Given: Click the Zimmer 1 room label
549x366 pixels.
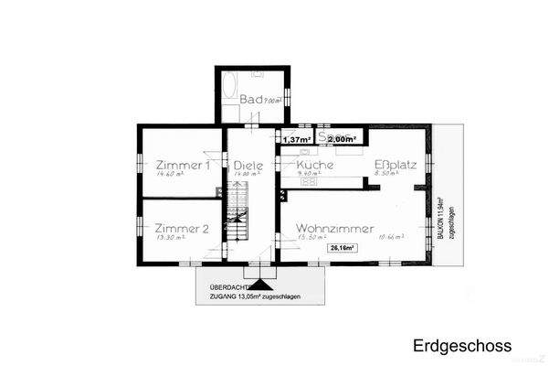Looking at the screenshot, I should tap(181, 165).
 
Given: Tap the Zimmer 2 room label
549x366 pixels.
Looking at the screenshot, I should tap(181, 228).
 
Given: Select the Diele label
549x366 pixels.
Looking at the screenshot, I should tap(248, 165).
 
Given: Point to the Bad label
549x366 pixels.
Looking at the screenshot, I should tap(251, 99).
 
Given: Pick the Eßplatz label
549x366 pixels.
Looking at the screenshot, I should tap(396, 165).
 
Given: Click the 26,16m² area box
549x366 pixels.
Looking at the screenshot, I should tap(343, 247).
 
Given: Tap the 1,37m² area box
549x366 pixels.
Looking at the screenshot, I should tap(297, 139).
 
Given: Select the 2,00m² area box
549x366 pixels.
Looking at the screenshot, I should tap(342, 139).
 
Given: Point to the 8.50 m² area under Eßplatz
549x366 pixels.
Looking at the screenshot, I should tap(388, 174).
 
